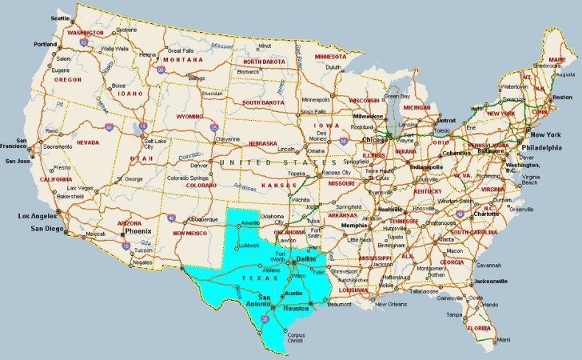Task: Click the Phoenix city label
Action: pos(138,231)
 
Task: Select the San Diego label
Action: pos(47,229)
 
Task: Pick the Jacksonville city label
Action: pos(489,282)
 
